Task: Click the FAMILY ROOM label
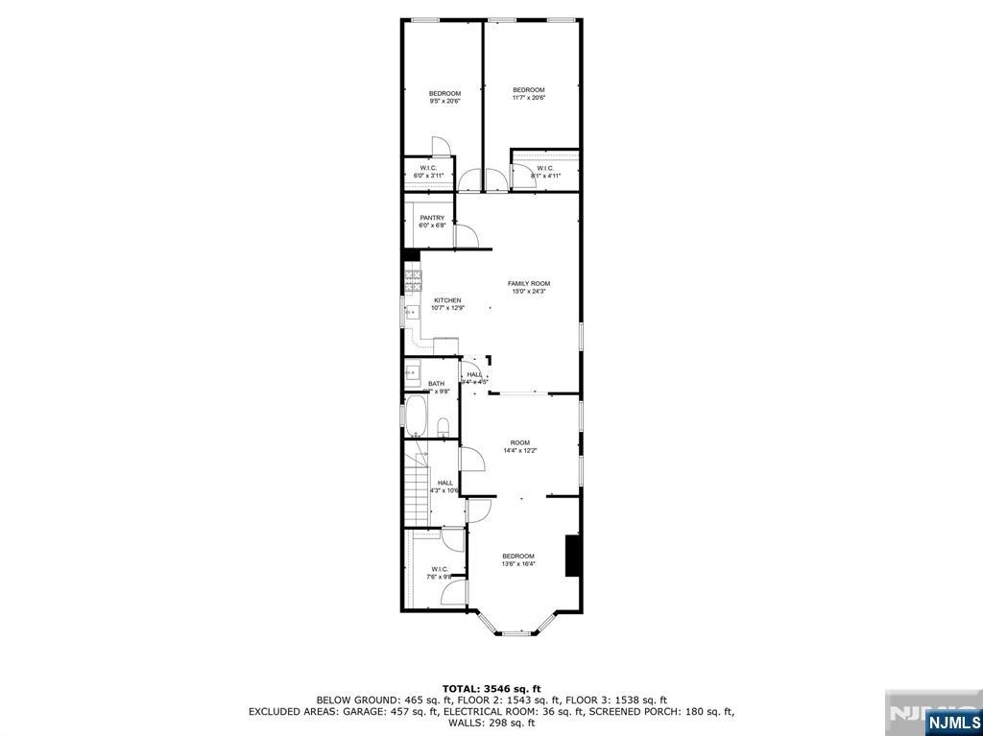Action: (528, 283)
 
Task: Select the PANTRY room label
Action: (431, 218)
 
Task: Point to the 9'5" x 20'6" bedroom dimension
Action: (444, 101)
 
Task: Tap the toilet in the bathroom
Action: (444, 425)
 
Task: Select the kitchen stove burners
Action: (413, 280)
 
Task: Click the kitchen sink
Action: (410, 312)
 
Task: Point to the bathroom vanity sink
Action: (413, 369)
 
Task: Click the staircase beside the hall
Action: (415, 489)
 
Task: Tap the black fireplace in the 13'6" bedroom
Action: (572, 556)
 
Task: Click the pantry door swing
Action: (467, 237)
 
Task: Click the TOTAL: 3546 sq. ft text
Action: (491, 688)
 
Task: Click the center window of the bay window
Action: (517, 633)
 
